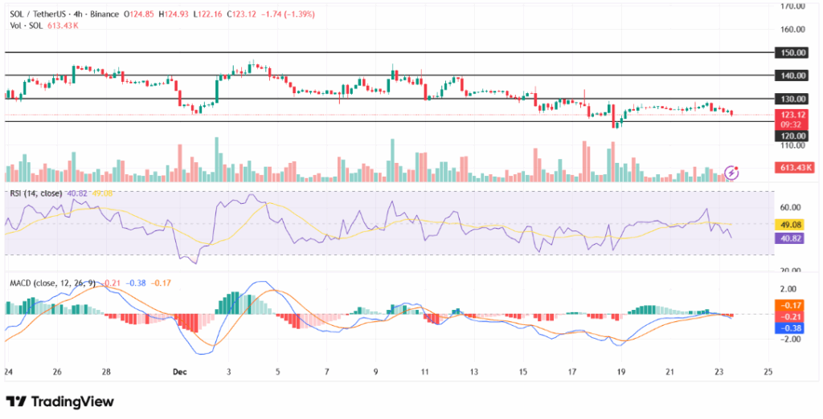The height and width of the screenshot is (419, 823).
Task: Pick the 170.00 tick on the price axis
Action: [x=793, y=6]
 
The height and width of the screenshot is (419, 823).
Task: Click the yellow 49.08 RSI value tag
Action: [x=789, y=225]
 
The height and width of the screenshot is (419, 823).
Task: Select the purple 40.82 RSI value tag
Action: [x=789, y=238]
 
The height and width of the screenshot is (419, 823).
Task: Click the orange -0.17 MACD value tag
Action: [x=789, y=305]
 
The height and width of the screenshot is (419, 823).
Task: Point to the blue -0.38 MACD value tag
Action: [x=789, y=327]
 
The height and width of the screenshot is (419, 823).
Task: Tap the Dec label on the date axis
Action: [x=179, y=372]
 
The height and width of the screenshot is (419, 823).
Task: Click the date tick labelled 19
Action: [x=620, y=372]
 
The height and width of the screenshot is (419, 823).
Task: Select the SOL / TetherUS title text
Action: [x=42, y=14]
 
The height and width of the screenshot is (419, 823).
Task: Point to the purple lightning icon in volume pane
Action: [x=731, y=172]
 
